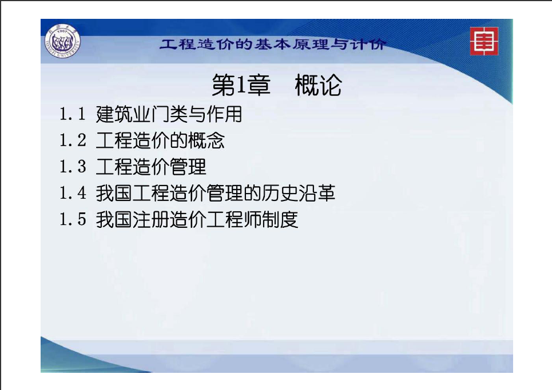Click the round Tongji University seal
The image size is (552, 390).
point(63,42)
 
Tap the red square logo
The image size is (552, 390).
point(484,41)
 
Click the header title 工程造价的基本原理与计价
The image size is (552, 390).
point(273,45)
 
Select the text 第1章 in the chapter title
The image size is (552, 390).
point(241,85)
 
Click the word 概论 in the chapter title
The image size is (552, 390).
point(318,85)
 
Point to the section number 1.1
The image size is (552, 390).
point(73,114)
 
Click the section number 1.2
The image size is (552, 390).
point(73,140)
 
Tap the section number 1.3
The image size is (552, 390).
point(73,167)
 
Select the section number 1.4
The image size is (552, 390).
point(73,193)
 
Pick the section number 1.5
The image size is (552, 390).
point(73,219)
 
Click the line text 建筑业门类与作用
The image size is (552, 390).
point(169,114)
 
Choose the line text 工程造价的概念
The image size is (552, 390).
point(160,140)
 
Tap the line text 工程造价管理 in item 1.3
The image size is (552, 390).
point(151,167)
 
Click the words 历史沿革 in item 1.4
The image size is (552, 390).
point(299,193)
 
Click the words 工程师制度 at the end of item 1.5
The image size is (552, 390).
point(252,220)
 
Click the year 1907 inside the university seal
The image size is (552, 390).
point(63,31)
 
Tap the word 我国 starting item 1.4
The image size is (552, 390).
point(114,193)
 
